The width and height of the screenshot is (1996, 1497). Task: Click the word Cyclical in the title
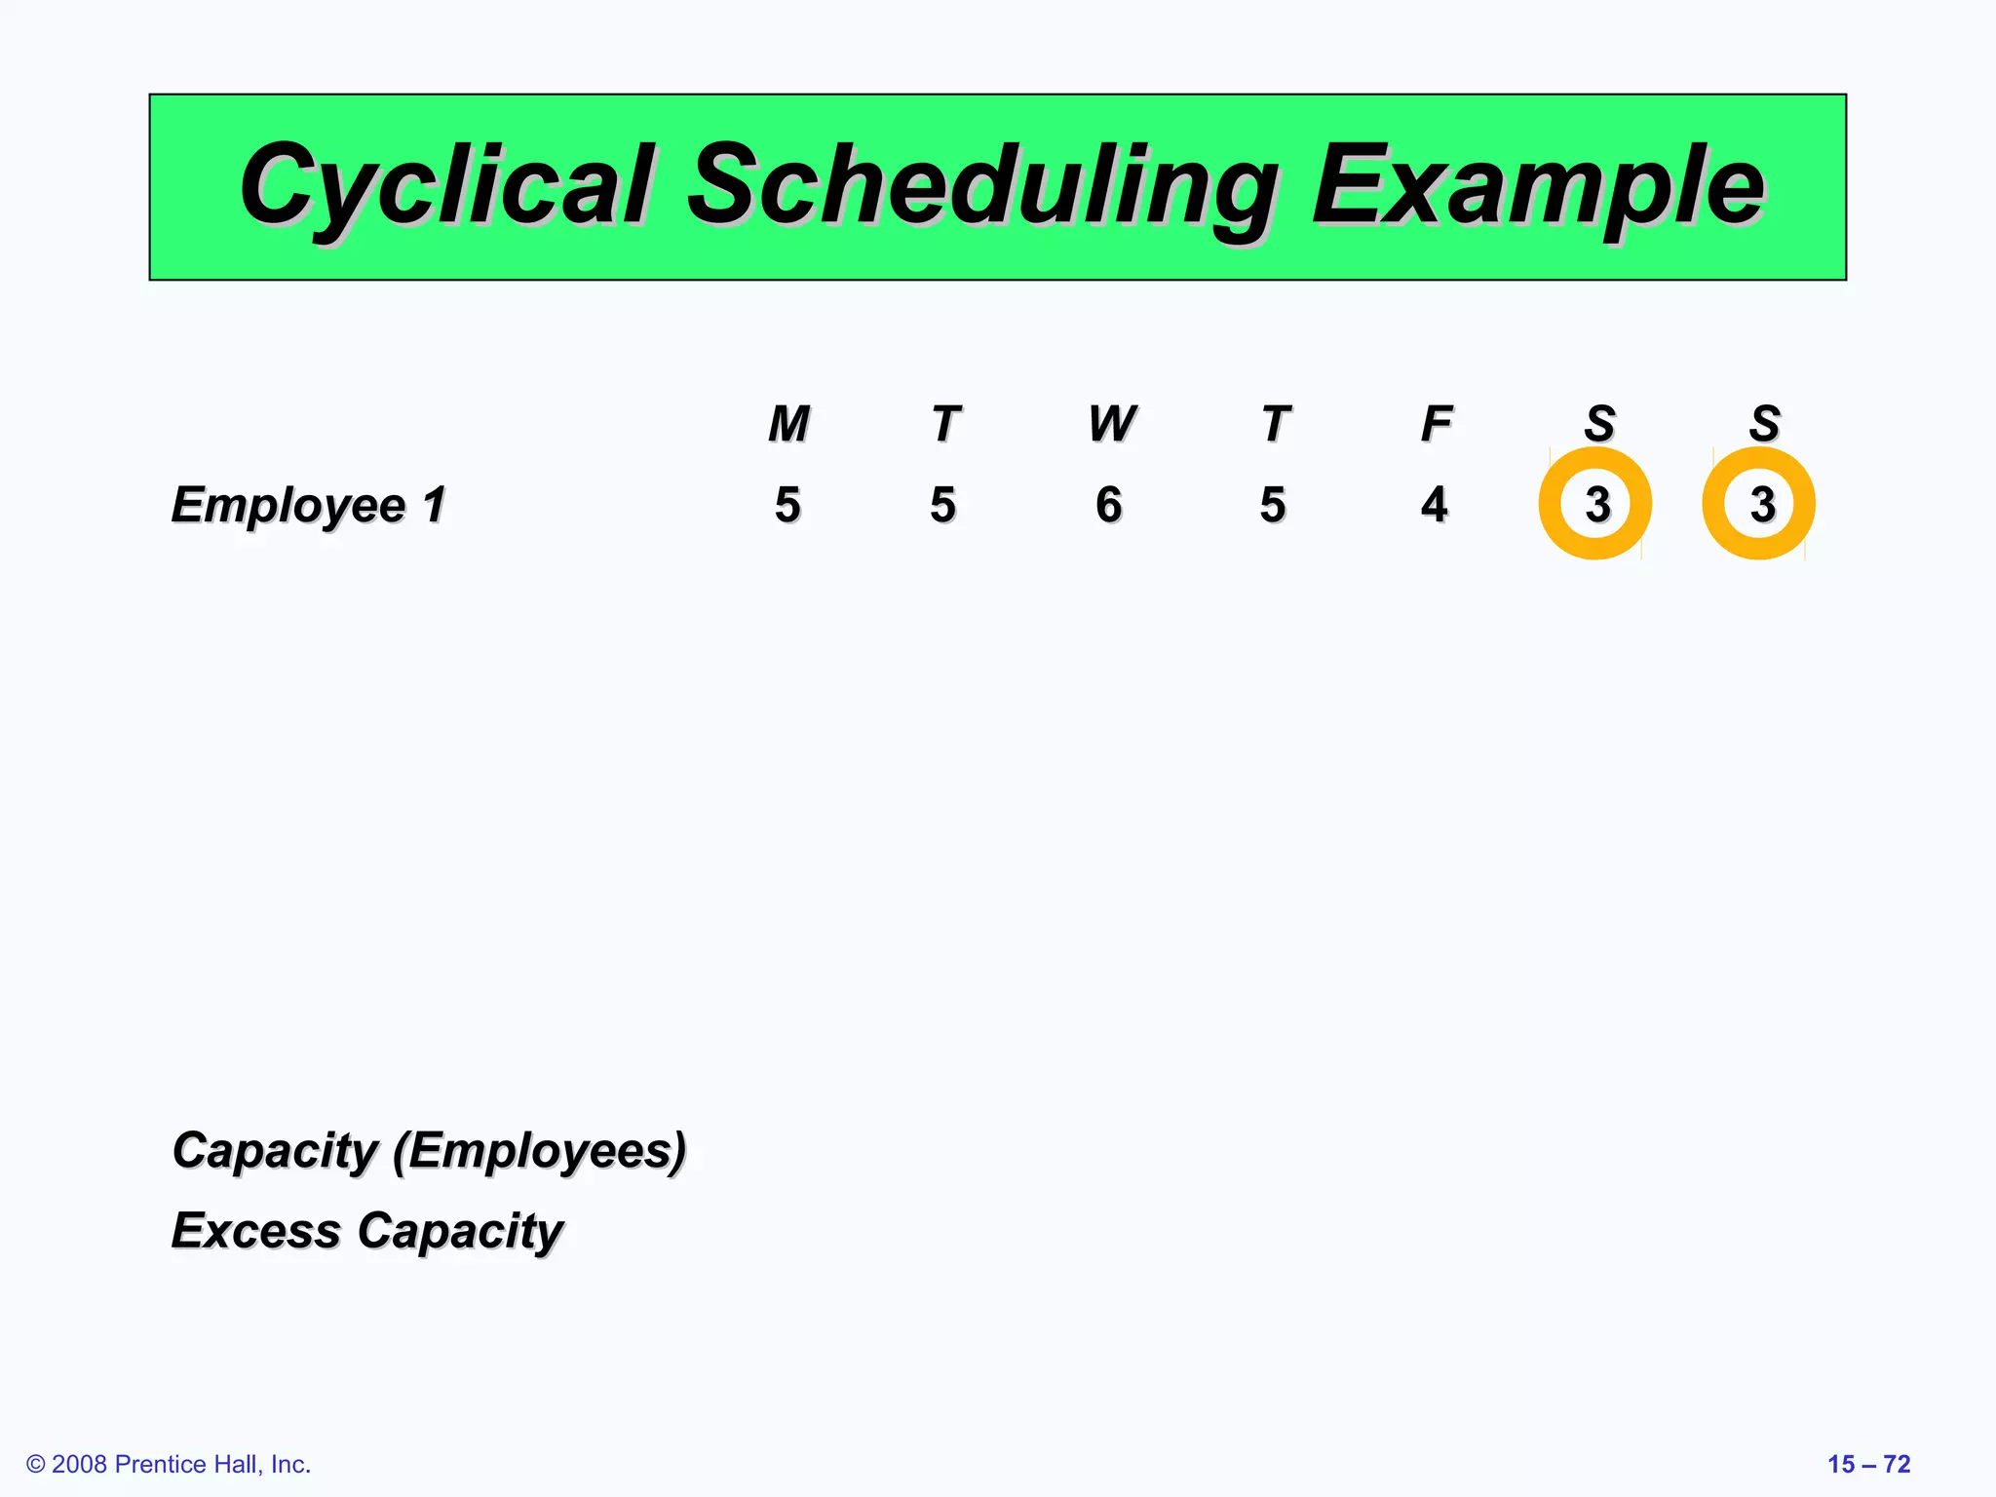(x=445, y=185)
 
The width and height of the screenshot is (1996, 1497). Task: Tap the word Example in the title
(x=1537, y=185)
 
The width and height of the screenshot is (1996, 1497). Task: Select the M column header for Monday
(x=788, y=424)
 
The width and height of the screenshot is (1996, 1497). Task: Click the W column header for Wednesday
(x=1111, y=424)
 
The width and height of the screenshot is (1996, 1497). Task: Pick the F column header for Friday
(x=1436, y=424)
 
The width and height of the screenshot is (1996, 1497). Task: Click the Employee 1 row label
(x=308, y=505)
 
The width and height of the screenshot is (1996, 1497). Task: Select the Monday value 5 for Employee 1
(x=787, y=505)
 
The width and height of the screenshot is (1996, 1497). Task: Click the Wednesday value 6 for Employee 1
(x=1108, y=505)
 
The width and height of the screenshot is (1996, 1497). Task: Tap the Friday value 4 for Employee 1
(x=1434, y=505)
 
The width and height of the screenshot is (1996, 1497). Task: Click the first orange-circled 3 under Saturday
(x=1595, y=504)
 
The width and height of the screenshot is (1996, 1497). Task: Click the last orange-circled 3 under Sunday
(x=1759, y=504)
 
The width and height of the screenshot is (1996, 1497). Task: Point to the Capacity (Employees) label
(x=429, y=1151)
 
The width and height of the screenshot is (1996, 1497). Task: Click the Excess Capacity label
(x=366, y=1231)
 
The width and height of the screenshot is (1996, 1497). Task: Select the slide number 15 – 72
(x=1868, y=1464)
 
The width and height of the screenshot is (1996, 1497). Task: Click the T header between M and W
(x=945, y=424)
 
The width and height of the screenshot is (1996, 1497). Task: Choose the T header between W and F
(x=1275, y=424)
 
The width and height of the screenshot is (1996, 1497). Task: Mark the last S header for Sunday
(x=1764, y=424)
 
